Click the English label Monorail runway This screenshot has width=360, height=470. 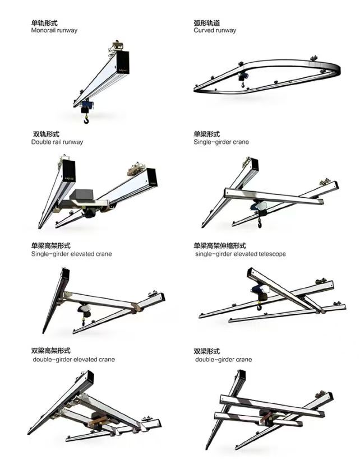pos(54,31)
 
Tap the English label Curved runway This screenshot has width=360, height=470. pos(215,30)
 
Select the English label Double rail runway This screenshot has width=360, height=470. pos(57,142)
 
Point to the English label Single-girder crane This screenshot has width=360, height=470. pos(221,142)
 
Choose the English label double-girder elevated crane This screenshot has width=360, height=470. pos(74,360)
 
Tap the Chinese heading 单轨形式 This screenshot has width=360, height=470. pos(44,23)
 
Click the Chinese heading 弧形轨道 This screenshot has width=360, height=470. pos(207,23)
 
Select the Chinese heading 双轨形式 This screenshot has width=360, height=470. pos(46,134)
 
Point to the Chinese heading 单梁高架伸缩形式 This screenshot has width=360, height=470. pos(220,246)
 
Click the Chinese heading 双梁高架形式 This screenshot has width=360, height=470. pos(50,351)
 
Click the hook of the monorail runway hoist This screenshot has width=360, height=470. pos(86,120)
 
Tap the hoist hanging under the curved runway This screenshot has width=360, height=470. pos(242,78)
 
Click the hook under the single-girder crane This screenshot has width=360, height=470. pos(260,224)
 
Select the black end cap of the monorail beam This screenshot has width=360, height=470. pos(122,62)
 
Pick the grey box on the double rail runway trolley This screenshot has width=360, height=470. pos(82,195)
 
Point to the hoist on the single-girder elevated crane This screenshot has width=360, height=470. pos(84,309)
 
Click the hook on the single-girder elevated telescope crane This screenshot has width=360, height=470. pos(259,307)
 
